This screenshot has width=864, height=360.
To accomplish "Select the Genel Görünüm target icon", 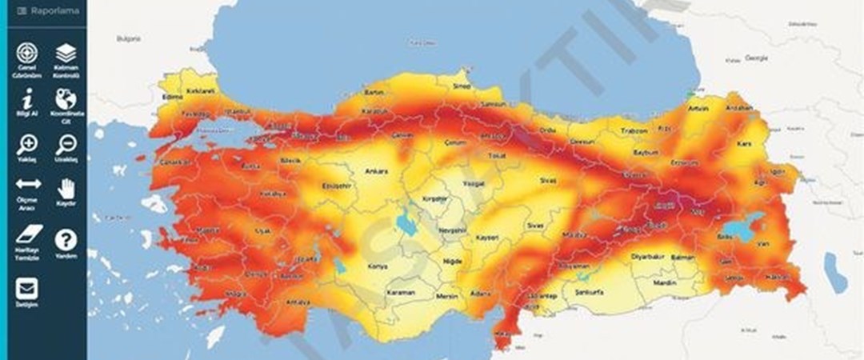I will click(x=27, y=54).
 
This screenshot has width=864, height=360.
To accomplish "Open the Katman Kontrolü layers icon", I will click(x=66, y=54).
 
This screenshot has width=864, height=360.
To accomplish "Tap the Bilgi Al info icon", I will click(x=27, y=99).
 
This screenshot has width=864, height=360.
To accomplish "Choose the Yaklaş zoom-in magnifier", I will click(x=27, y=145).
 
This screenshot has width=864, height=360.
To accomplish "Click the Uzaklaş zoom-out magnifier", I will click(x=66, y=145).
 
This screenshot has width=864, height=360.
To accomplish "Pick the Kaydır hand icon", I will click(x=66, y=190).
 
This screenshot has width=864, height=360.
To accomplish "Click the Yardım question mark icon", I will click(x=66, y=239).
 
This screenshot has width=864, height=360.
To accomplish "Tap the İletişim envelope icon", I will click(x=27, y=288).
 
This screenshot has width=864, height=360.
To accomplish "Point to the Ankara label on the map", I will click(x=375, y=171).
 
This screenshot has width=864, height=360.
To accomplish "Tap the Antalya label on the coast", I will click(x=298, y=302).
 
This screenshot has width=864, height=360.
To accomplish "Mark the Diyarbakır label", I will click(x=648, y=257).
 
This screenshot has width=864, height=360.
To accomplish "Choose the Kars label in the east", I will click(x=745, y=144).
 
